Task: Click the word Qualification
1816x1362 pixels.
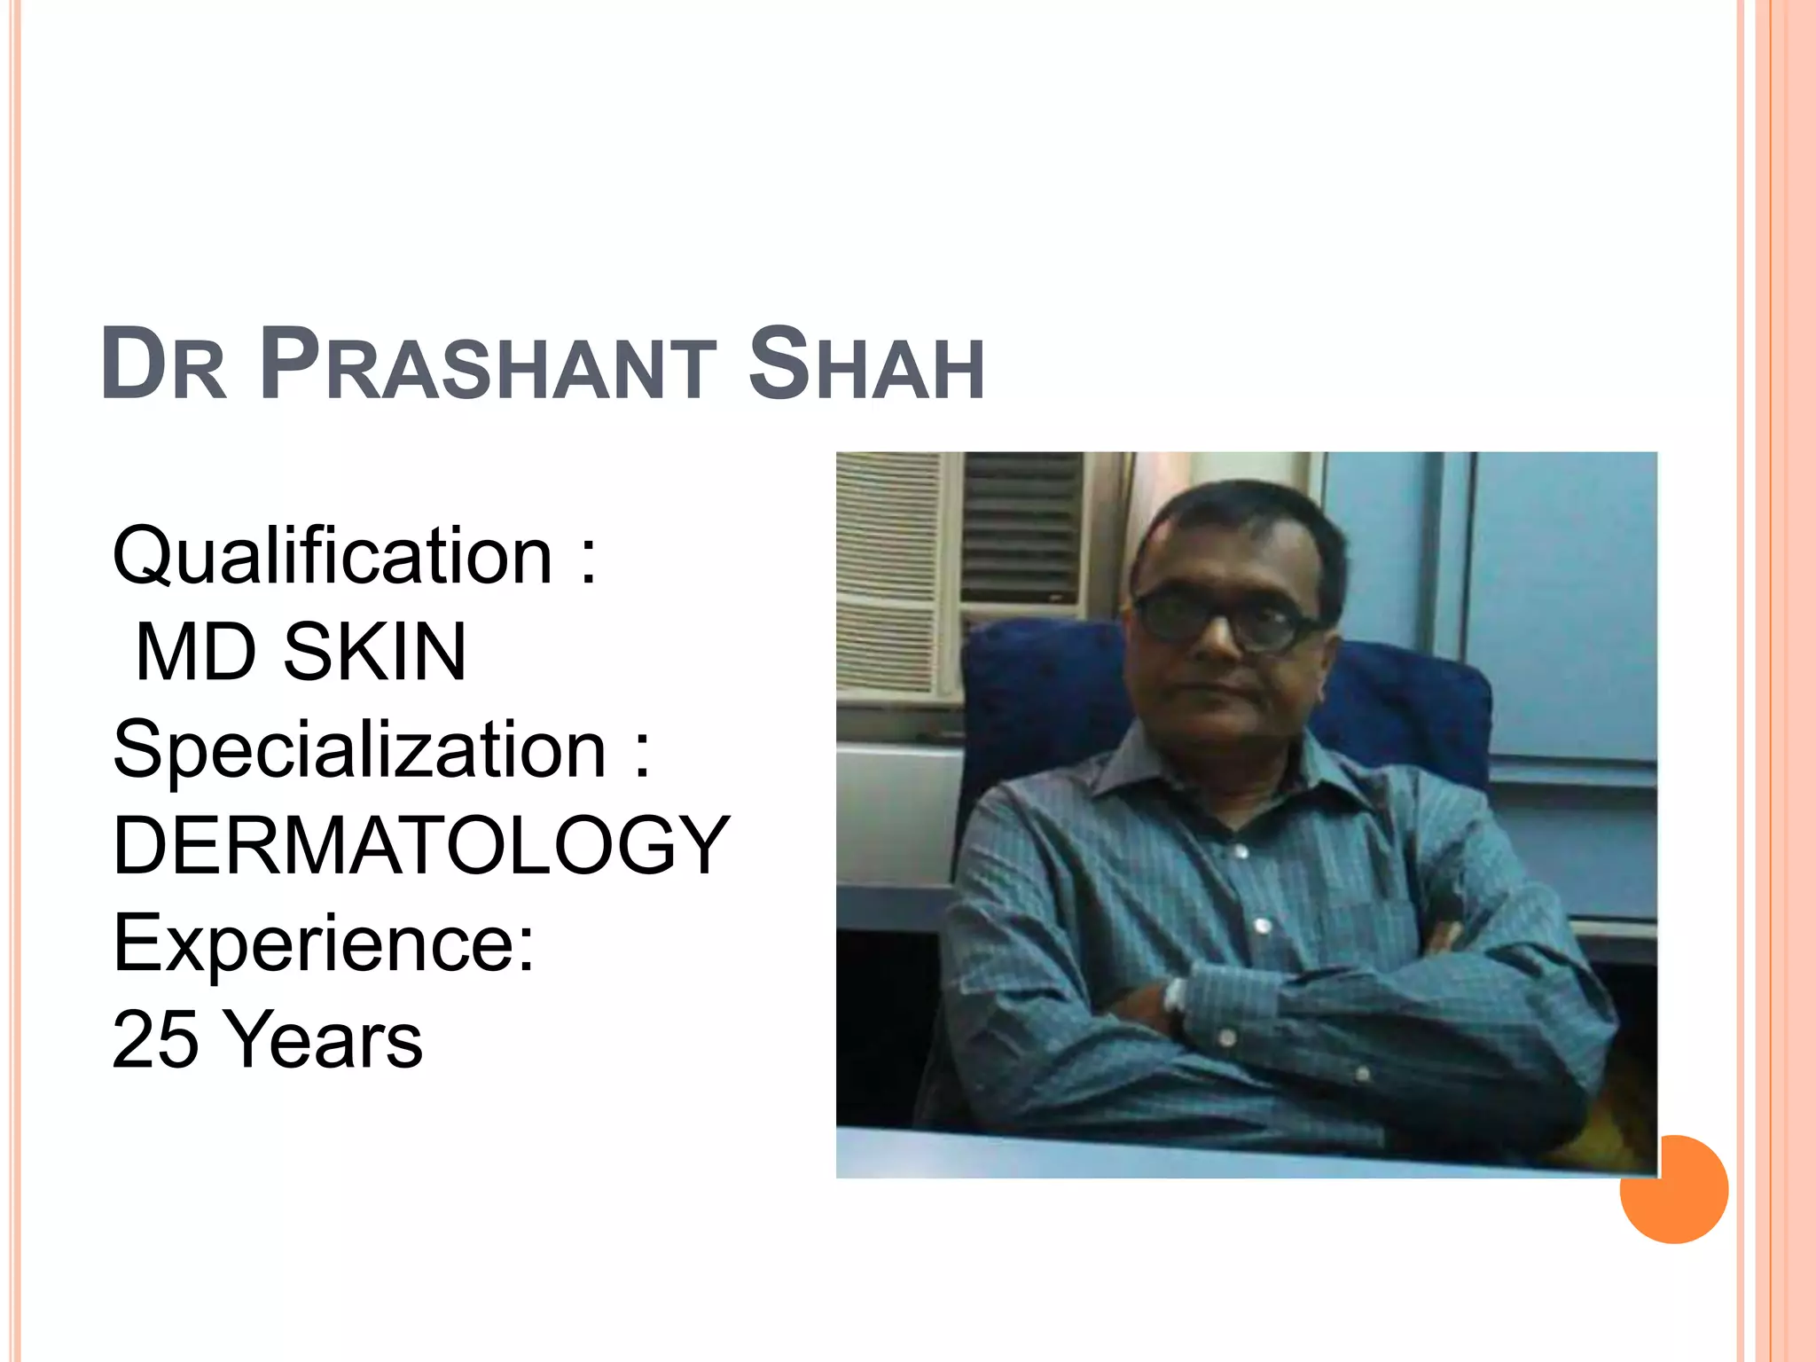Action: click(x=333, y=557)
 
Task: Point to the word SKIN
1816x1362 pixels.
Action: click(x=374, y=653)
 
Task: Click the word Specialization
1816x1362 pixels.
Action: click(x=359, y=750)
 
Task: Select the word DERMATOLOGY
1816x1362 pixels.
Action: click(x=421, y=846)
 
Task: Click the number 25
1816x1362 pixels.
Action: click(x=155, y=1039)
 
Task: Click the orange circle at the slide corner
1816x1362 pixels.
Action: click(x=1673, y=1190)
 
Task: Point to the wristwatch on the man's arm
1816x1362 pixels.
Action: click(x=1176, y=998)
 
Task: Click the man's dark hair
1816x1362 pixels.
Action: click(x=1241, y=523)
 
